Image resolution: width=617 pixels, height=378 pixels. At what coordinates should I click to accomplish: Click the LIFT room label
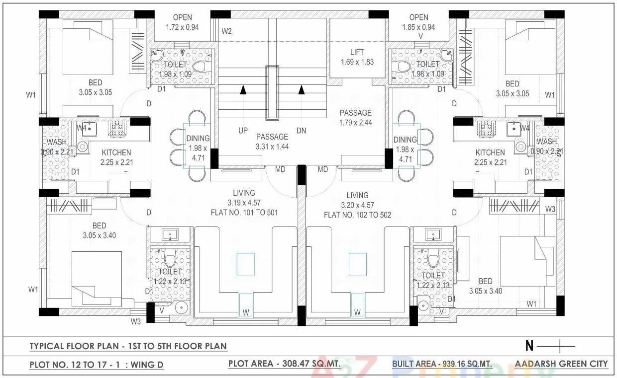(357, 57)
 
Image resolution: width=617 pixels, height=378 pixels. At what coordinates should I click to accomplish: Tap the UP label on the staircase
(243, 131)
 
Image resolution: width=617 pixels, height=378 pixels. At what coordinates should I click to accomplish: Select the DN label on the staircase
(301, 131)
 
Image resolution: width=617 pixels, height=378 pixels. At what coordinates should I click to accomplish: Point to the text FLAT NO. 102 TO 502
(357, 215)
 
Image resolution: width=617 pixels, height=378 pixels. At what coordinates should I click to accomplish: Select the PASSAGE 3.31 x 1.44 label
(272, 141)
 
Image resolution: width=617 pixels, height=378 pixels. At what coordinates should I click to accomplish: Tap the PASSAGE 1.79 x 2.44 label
(355, 118)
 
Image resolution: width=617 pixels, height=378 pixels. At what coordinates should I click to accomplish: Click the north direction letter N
(529, 345)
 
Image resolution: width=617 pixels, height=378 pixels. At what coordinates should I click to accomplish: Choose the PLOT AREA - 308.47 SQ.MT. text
(284, 364)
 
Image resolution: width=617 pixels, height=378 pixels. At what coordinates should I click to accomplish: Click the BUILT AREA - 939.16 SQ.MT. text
(442, 364)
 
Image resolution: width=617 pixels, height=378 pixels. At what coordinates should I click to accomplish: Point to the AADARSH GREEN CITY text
(561, 364)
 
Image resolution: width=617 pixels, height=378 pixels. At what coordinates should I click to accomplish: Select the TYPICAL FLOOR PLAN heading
(128, 346)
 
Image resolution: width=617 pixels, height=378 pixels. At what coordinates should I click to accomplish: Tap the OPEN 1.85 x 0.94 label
(418, 22)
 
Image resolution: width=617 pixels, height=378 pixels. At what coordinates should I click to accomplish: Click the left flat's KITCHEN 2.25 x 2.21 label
(116, 157)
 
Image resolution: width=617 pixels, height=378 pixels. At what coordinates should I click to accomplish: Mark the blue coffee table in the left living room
(246, 264)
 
